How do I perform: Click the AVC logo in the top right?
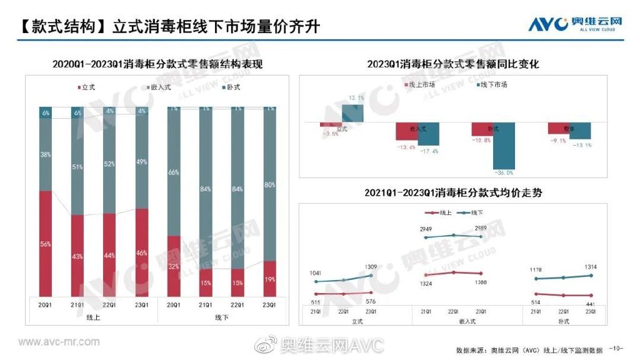(575, 24)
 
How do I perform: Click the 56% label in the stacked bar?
(46, 244)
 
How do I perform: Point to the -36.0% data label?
(503, 172)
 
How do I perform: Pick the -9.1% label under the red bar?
(557, 141)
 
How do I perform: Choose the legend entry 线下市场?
(494, 84)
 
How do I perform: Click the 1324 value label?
(424, 284)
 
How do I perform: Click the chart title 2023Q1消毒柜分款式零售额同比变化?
(452, 64)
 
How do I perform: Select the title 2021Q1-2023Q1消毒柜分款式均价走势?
(453, 193)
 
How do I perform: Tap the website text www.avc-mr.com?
(59, 342)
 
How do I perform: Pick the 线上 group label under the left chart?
(93, 317)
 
